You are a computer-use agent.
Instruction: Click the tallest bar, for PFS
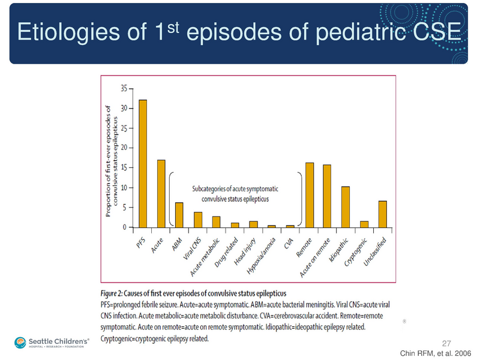[x=143, y=164]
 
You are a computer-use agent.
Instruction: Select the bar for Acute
[x=161, y=194]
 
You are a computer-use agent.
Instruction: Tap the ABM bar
[x=179, y=215]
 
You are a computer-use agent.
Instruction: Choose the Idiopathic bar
[x=346, y=207]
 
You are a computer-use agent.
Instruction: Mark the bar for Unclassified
[x=383, y=214]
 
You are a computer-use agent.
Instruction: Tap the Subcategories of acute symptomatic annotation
[x=235, y=193]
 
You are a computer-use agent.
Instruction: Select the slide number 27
[x=446, y=343]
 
